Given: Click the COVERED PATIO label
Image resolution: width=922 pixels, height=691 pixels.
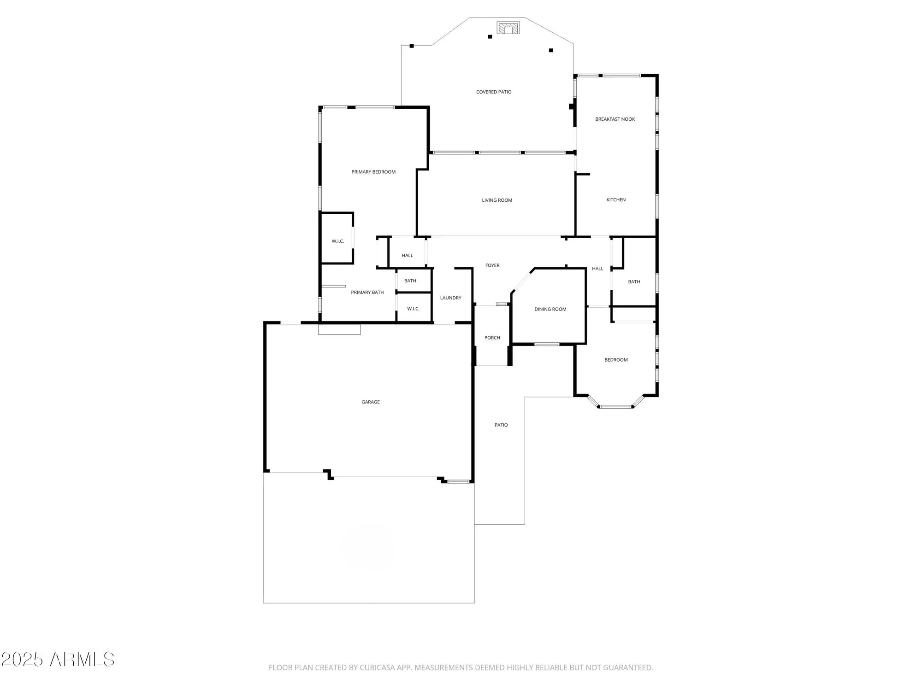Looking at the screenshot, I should point(493,92).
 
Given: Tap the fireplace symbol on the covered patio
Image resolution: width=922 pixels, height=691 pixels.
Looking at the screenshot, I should point(508,28).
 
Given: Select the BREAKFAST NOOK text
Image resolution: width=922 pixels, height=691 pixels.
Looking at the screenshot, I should point(615,119).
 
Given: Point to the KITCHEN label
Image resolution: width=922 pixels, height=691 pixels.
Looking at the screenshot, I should point(616,200).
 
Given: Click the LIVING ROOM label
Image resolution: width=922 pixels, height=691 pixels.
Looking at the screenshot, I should point(497,200).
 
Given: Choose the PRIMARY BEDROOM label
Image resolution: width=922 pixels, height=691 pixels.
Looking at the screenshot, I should point(373,172).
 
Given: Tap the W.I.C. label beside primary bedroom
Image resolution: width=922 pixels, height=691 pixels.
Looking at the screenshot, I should point(337,241).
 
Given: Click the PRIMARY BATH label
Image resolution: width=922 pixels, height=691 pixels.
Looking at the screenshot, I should point(367,293).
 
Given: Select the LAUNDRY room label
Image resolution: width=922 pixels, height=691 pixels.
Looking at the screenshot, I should point(450,298).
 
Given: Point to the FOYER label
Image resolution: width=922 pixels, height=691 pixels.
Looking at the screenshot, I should point(492,265).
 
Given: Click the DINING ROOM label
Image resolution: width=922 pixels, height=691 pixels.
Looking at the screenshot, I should point(550,309).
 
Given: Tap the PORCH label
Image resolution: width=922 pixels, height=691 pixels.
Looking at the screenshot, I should point(492,338).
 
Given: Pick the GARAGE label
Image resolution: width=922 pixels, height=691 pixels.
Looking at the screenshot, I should point(370,402).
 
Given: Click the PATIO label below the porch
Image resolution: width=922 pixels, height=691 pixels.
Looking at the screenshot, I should point(501,425).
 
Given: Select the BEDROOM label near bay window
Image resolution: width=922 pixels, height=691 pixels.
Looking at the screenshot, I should point(616,360).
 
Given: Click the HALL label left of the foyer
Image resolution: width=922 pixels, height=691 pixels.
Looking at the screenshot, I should point(407,256).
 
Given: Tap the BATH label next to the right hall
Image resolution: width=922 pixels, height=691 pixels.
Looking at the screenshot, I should point(634,282).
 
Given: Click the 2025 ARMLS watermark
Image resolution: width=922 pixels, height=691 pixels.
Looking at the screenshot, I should point(58,660).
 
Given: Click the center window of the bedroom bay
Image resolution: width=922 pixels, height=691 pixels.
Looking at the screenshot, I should point(616,407).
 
